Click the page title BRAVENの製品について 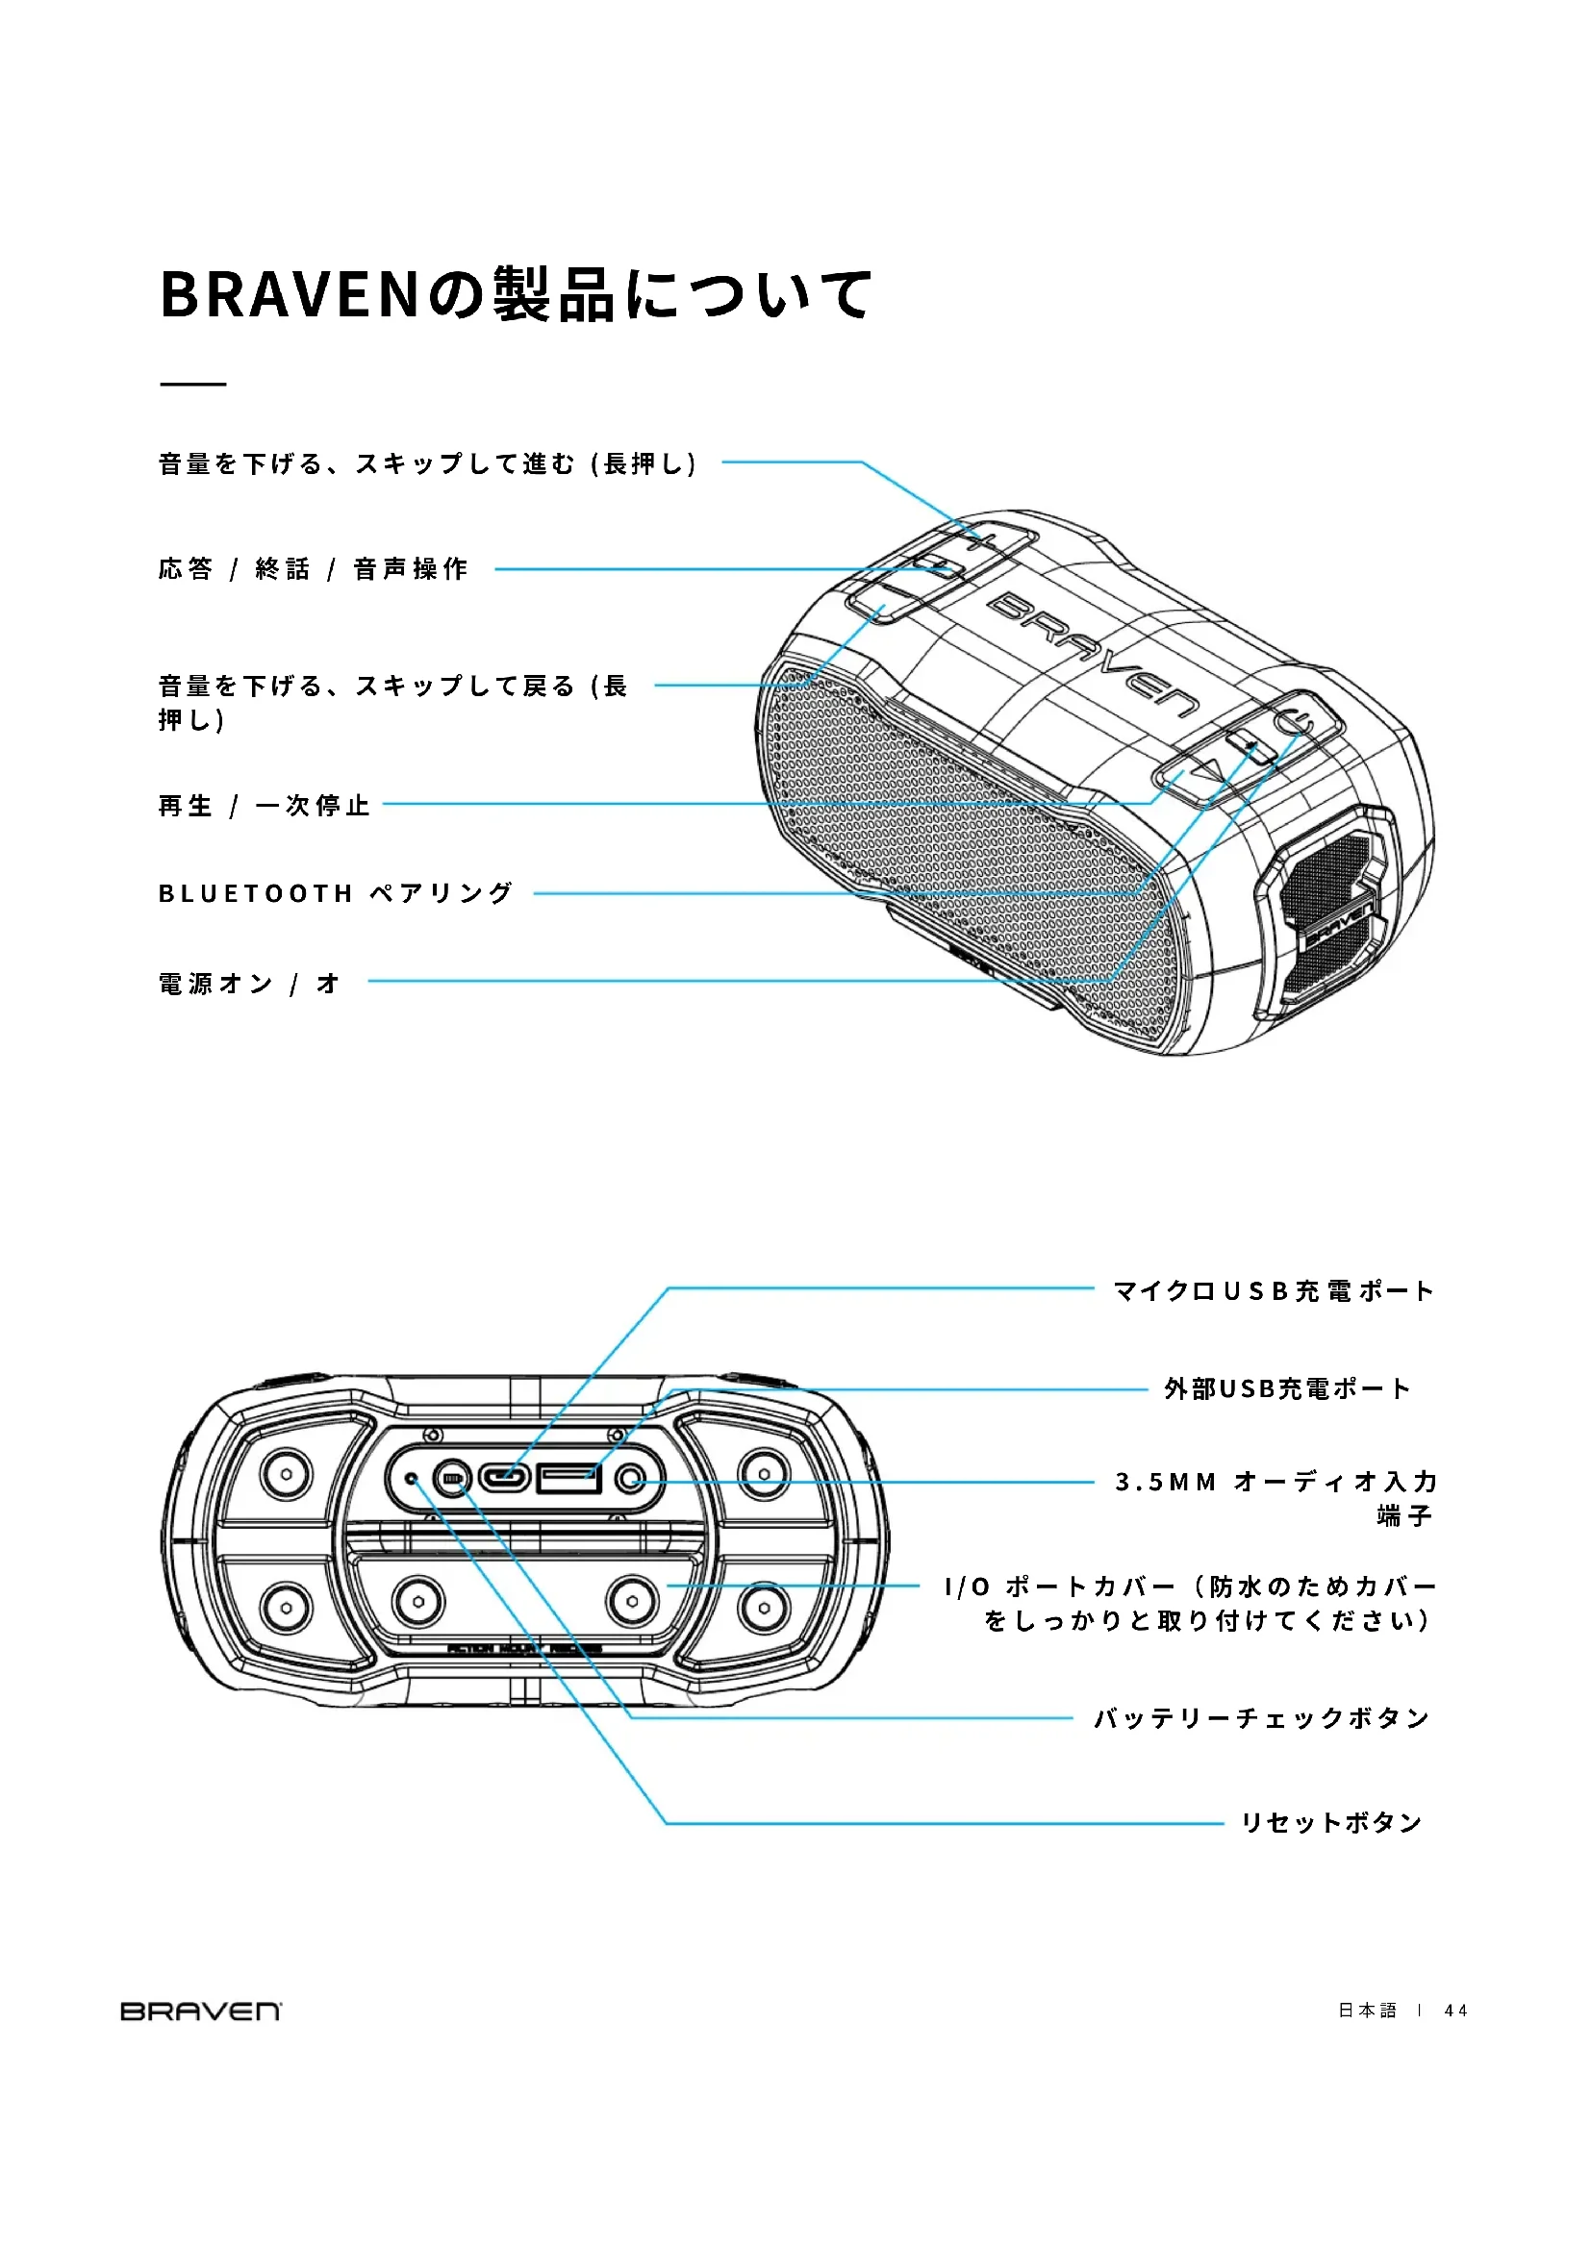[516, 294]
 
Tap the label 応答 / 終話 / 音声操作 [313, 569]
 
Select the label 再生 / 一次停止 [264, 805]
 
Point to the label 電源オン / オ [249, 983]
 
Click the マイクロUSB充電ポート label [1273, 1291]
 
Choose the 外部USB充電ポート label [1286, 1389]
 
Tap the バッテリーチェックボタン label [1261, 1718]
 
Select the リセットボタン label [1330, 1823]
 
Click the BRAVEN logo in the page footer [201, 2011]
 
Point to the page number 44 [1455, 2011]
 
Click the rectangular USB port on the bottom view [568, 1477]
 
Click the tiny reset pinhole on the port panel [413, 1477]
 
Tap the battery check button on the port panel [452, 1478]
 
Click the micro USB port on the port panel [505, 1477]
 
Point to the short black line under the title [193, 384]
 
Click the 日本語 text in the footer [1367, 2011]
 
